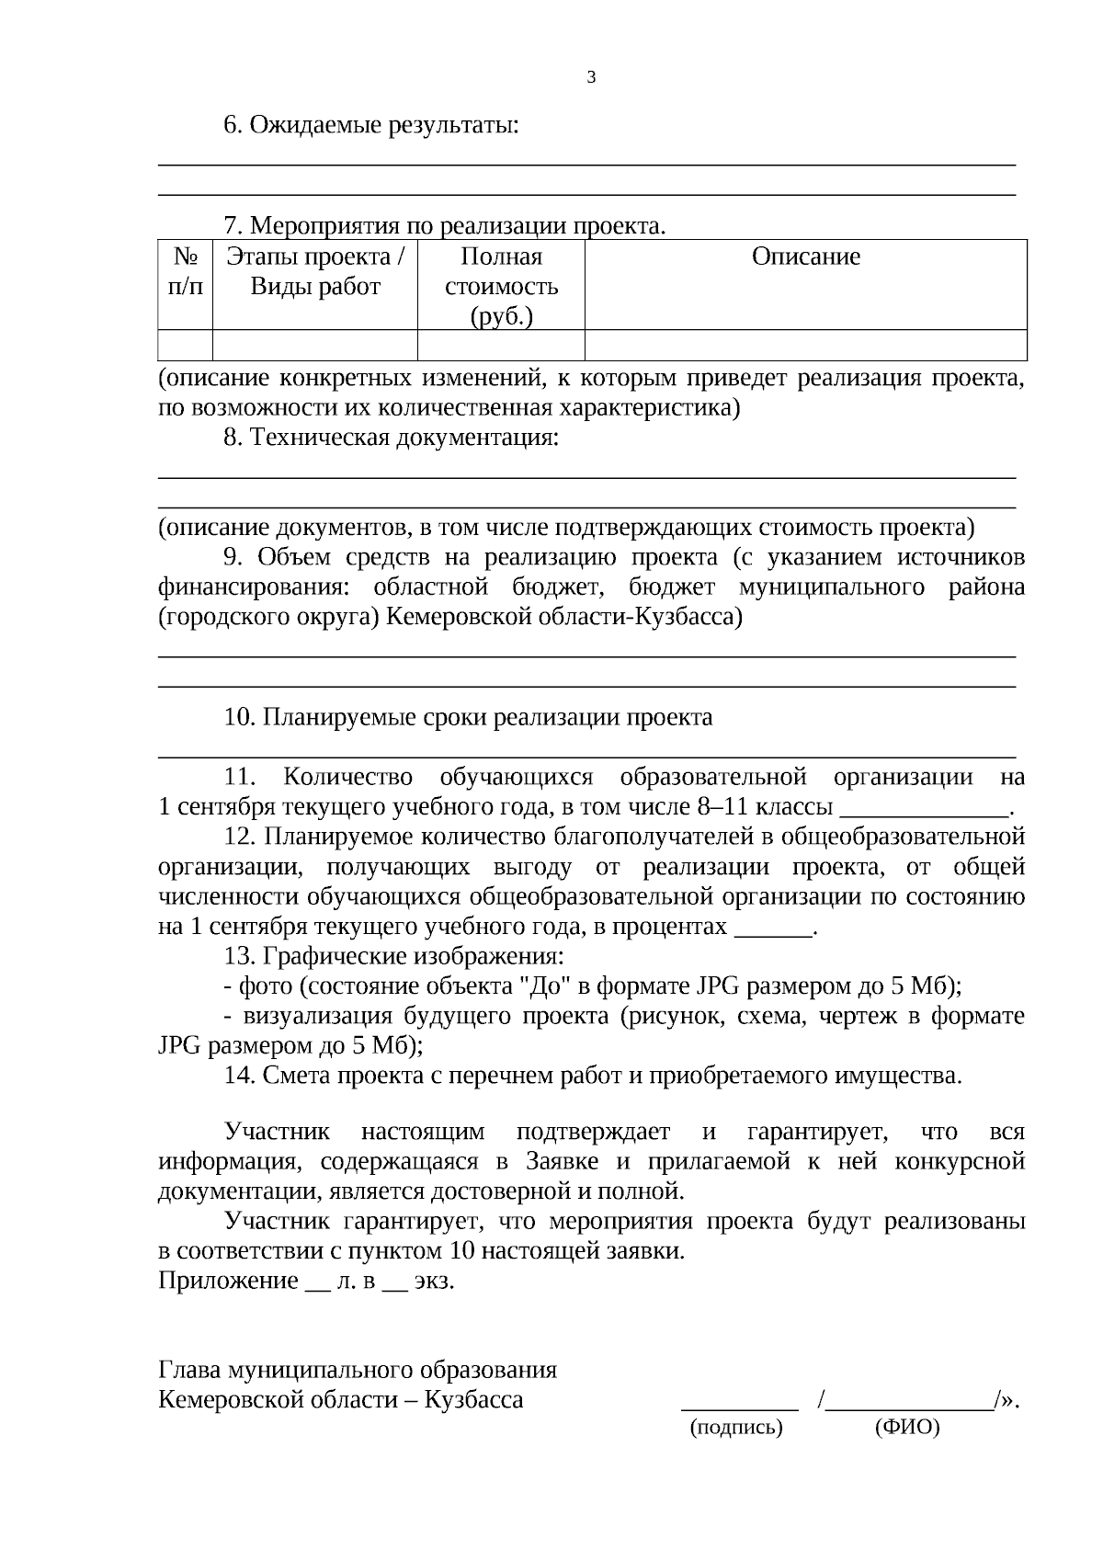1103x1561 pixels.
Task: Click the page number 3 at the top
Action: [x=591, y=77]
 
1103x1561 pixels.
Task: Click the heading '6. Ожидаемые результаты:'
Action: [x=371, y=125]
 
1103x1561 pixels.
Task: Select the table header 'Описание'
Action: [x=805, y=256]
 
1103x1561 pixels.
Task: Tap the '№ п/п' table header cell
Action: [x=186, y=271]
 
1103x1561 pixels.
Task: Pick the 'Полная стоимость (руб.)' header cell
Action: [x=501, y=286]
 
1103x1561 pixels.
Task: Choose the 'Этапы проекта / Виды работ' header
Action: [x=315, y=271]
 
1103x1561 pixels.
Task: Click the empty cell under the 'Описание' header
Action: [x=805, y=345]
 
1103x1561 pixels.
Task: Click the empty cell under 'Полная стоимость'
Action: [x=501, y=345]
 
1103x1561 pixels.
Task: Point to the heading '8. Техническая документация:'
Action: [x=391, y=438]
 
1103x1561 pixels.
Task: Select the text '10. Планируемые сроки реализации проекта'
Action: [x=468, y=717]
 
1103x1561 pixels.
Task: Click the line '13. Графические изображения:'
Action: [x=394, y=956]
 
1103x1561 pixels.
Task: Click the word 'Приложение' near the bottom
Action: [x=229, y=1281]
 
